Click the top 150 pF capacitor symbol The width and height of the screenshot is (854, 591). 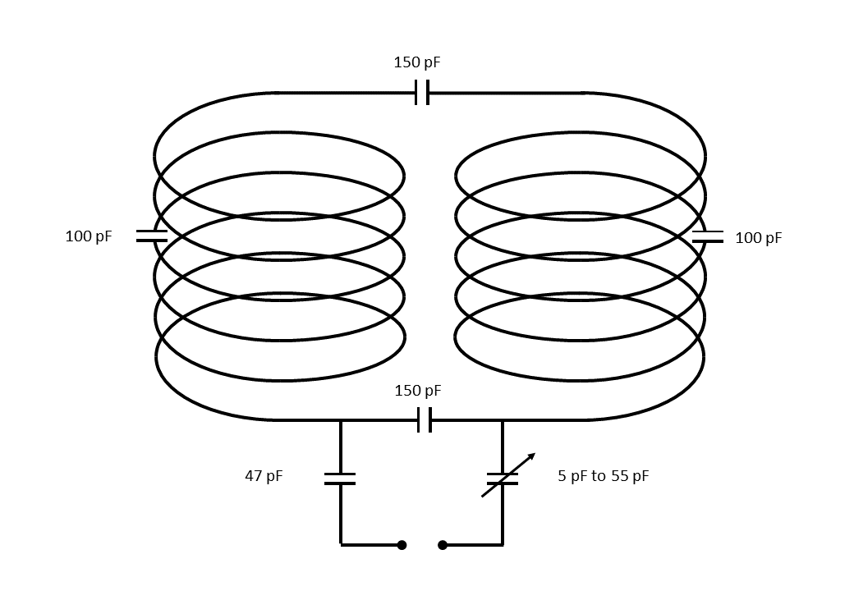click(x=422, y=93)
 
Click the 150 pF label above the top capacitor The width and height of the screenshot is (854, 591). click(x=417, y=62)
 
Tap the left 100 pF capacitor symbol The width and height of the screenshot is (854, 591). click(x=151, y=236)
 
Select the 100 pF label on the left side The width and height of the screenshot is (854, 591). click(x=89, y=237)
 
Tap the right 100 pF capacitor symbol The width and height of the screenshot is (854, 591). click(x=707, y=236)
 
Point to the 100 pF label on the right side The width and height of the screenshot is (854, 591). click(x=758, y=238)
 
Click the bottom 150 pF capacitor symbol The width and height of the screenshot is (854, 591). click(x=424, y=419)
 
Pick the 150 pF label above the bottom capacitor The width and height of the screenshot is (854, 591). click(x=418, y=391)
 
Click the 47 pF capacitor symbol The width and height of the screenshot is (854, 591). click(x=340, y=479)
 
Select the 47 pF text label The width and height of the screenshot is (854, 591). click(x=264, y=476)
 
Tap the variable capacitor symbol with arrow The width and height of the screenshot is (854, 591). click(x=503, y=479)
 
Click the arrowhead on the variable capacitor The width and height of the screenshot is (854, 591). click(x=531, y=456)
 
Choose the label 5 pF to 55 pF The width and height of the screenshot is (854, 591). click(x=603, y=476)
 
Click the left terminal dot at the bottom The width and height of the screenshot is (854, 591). click(x=402, y=544)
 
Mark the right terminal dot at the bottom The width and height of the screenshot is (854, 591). click(x=443, y=544)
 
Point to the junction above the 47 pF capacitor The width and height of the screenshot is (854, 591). click(x=341, y=420)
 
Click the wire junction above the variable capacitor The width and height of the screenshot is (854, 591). click(x=503, y=420)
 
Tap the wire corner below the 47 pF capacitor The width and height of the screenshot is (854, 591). click(x=341, y=543)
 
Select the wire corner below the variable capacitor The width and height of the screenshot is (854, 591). click(x=503, y=543)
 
